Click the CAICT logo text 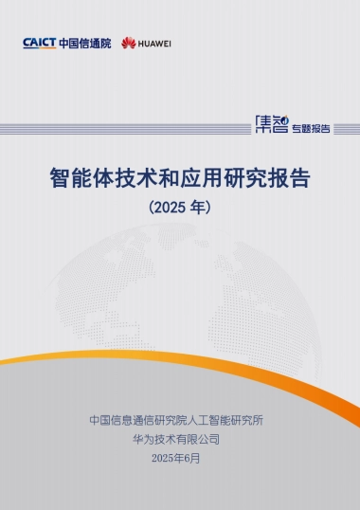click(39, 44)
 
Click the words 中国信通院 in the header click(84, 44)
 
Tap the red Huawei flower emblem click(129, 44)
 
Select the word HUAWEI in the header click(154, 44)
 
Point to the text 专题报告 click(311, 128)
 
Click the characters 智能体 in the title click(81, 178)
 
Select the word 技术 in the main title click(135, 178)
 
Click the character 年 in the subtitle click(198, 204)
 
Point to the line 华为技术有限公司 click(180, 439)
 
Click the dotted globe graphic click(180, 284)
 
